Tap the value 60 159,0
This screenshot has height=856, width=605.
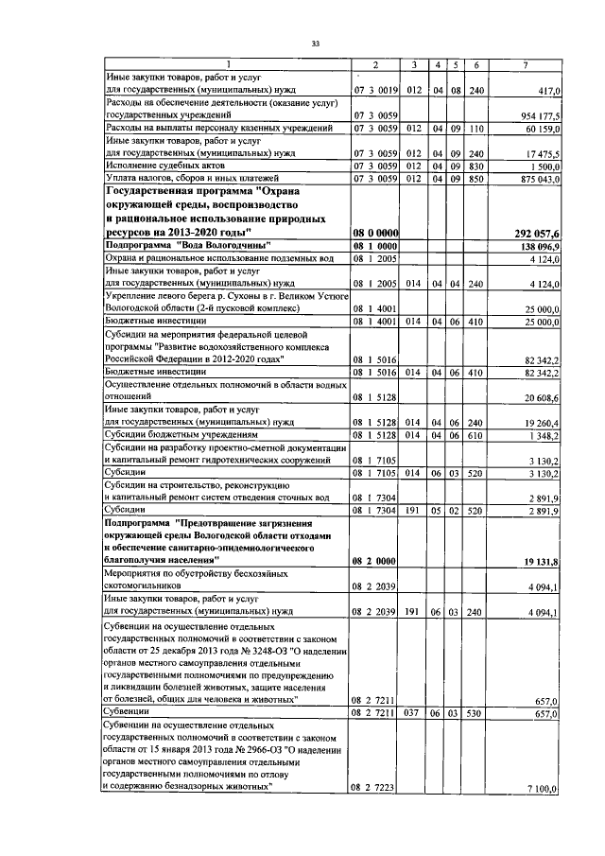tap(543, 127)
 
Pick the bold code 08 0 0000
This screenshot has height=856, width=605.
tap(374, 231)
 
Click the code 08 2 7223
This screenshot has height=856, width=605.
tap(374, 787)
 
